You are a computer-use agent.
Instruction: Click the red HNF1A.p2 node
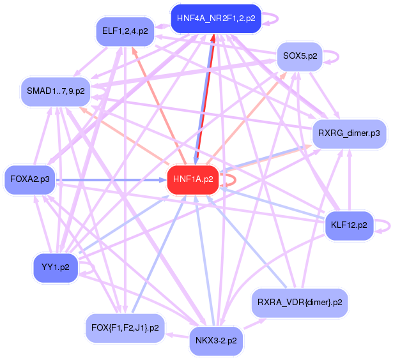pyautogui.click(x=192, y=180)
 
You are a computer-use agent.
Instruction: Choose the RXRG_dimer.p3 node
pyautogui.click(x=349, y=134)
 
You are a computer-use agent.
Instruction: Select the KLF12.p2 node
pyautogui.click(x=349, y=225)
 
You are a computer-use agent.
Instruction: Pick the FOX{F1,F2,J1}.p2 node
pyautogui.click(x=125, y=329)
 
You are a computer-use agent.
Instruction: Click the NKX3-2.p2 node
pyautogui.click(x=217, y=341)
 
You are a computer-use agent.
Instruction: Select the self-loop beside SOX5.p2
pyautogui.click(x=334, y=56)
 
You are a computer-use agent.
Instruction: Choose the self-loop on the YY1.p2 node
pyautogui.click(x=91, y=271)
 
